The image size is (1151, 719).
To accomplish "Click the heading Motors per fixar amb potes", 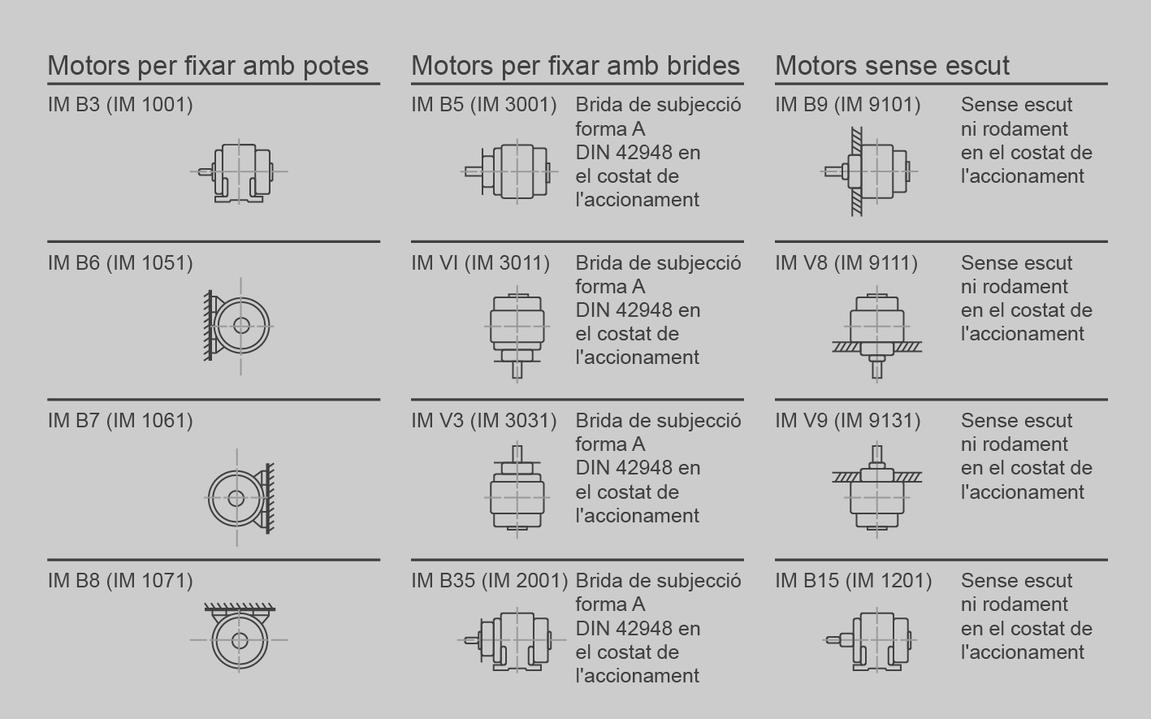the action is [x=208, y=65].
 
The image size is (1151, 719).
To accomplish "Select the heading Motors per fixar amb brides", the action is [x=575, y=65].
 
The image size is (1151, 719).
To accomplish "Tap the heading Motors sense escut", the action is [x=892, y=65].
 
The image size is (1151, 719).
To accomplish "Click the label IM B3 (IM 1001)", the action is [x=120, y=104].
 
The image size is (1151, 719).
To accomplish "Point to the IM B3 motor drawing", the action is [x=239, y=171].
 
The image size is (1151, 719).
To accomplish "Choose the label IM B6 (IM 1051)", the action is [x=120, y=262].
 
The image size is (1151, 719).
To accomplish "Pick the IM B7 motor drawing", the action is [x=240, y=497].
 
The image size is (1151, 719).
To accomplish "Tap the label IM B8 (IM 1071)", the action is [x=120, y=580].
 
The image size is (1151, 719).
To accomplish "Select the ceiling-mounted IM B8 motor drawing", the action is [x=239, y=637].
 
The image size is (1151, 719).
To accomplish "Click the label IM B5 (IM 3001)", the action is [x=483, y=104].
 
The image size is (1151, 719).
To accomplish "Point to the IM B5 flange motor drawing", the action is [x=509, y=171].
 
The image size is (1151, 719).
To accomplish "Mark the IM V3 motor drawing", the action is [x=517, y=489].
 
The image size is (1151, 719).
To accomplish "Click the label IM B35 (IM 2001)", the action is [x=489, y=580].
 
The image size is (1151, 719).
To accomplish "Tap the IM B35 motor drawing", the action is [x=512, y=640].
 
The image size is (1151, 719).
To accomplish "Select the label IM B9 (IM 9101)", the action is [x=848, y=104].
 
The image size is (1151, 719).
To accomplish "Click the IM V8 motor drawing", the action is [x=877, y=334].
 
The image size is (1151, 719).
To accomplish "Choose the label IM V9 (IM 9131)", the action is [x=848, y=420].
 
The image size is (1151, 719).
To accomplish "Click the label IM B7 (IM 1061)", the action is [x=120, y=420].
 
